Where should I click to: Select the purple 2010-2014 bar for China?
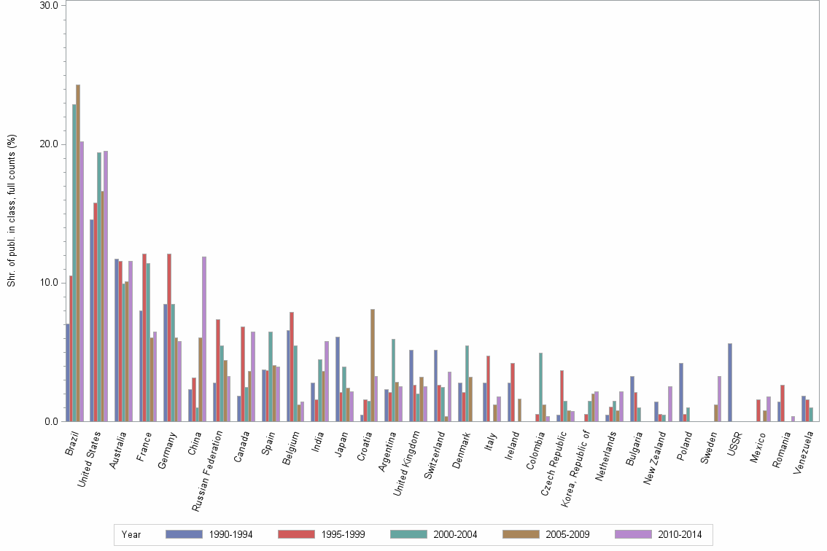tap(204, 339)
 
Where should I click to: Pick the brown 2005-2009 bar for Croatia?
tap(373, 365)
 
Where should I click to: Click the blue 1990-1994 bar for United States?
tap(92, 321)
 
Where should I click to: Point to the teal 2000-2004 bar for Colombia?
tap(541, 387)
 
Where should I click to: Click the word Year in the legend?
tap(131, 535)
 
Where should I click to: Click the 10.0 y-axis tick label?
tap(50, 283)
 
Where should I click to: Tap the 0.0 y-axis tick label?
tap(52, 421)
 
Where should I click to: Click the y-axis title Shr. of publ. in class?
tap(12, 211)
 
